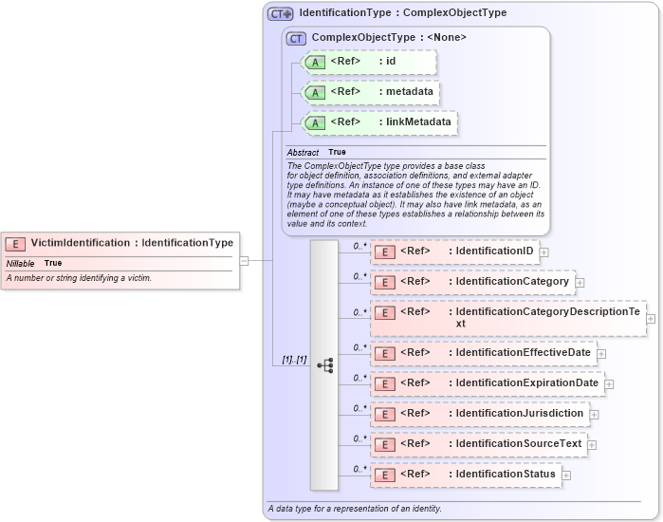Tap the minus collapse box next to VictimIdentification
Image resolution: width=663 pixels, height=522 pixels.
244,260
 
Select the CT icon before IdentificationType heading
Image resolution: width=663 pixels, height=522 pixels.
281,13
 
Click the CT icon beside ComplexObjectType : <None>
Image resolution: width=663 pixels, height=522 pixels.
296,38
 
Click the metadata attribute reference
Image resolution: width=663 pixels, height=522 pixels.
370,92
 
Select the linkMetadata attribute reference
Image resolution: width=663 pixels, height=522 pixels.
378,122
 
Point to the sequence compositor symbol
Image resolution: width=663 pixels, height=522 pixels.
324,364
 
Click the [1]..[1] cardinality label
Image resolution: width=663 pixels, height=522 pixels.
294,360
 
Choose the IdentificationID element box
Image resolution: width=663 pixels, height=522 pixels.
456,252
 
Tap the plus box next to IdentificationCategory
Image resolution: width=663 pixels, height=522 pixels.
580,283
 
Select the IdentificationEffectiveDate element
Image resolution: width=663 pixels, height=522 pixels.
483,353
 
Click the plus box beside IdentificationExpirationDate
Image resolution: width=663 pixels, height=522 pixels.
609,384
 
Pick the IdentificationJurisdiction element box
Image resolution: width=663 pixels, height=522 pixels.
479,414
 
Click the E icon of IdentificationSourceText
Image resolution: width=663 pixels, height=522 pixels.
385,445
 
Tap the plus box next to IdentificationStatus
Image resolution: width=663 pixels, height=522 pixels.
566,475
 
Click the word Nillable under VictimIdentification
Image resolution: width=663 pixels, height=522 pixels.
21,263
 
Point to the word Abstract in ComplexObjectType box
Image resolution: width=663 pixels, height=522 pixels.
303,152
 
